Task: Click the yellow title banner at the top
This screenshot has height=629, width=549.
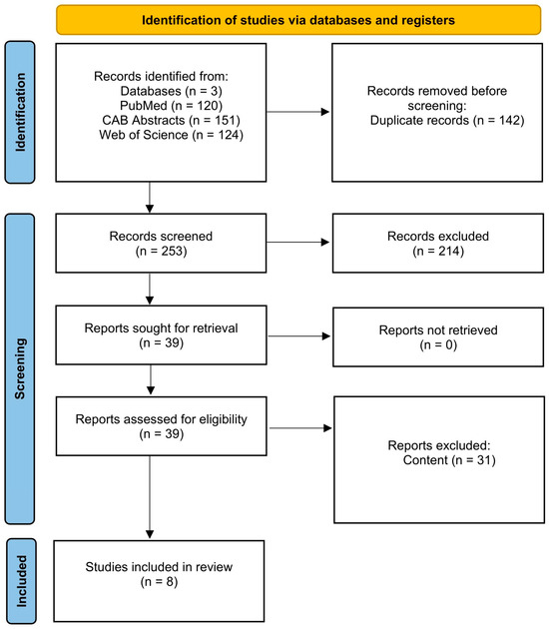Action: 298,20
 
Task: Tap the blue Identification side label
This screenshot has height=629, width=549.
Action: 20,112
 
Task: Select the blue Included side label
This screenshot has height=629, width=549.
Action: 21,581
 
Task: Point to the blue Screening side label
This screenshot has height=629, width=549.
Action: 20,368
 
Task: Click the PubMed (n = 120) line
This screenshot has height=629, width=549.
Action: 172,106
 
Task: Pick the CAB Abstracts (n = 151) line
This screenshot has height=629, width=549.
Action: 172,120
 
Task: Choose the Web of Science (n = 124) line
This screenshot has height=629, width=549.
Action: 172,135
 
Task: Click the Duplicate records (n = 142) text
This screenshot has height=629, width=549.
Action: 447,121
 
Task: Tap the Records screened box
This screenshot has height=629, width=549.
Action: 161,243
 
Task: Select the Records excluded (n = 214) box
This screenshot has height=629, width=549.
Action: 438,243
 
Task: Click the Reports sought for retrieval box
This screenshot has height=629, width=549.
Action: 161,334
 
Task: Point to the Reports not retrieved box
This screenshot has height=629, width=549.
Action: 438,337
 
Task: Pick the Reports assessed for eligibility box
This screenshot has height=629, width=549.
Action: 162,426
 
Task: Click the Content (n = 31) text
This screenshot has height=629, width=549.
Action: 449,460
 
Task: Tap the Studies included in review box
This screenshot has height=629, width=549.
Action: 159,581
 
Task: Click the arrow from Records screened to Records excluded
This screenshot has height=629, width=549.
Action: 298,243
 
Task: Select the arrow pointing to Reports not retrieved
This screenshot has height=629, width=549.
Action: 299,336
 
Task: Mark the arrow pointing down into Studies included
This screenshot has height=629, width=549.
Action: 150,497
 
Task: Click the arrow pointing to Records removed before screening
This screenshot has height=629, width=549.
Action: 298,112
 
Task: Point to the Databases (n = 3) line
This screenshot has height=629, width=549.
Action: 172,91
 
